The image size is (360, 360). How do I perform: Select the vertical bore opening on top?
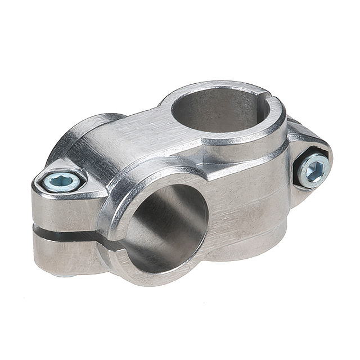click(x=219, y=110)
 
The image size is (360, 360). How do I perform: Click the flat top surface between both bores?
click(x=141, y=141)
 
